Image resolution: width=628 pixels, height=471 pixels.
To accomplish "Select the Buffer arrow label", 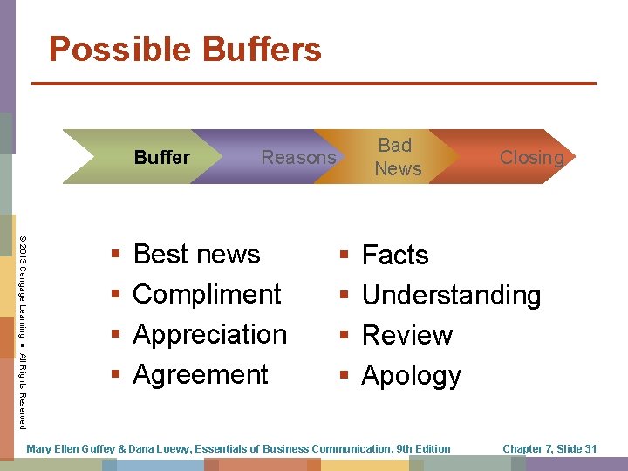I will point(161,158).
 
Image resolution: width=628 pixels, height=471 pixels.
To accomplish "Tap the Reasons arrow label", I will point(298,158).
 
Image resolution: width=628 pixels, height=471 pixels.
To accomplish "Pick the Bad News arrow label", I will point(397,157).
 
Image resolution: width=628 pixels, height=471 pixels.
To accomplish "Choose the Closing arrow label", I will point(531,158).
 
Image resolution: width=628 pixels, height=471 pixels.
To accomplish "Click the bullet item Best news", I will point(196,254).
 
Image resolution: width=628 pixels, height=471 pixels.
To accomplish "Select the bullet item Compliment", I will point(207,294).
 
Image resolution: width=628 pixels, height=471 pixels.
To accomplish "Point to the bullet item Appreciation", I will point(209,334).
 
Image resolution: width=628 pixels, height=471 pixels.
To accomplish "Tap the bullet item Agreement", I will point(201,374).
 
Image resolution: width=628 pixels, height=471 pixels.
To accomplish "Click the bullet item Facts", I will point(395,255).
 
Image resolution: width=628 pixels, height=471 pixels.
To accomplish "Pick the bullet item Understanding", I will point(451,295).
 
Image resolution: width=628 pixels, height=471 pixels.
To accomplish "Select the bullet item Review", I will point(407,335).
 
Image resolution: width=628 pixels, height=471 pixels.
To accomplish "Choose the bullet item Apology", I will point(411,375).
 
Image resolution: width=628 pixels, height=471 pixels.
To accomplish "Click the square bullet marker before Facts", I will point(345,256).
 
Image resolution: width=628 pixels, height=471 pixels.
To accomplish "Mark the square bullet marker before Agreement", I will point(116,375).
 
